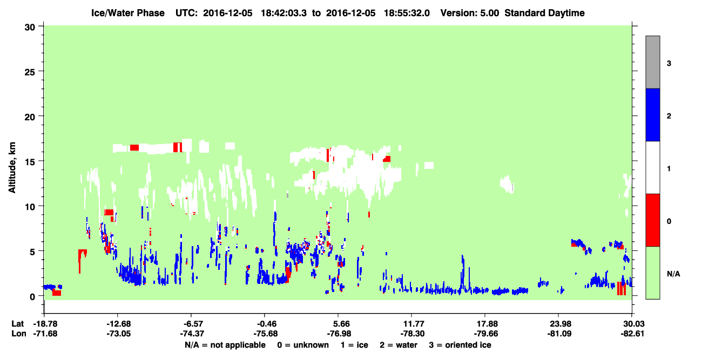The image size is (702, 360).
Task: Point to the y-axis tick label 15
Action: (30, 162)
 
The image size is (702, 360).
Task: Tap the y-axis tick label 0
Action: (32, 297)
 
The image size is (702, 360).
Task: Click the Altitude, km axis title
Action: (12, 167)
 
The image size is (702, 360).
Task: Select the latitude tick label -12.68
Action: (118, 324)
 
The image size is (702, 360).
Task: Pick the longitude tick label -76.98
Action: (339, 334)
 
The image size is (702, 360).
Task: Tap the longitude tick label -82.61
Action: (632, 334)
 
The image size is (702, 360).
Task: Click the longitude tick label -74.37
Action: (192, 334)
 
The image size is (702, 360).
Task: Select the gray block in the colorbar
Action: (652, 62)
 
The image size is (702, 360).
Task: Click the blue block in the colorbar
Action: (652, 114)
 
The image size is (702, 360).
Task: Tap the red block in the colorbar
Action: (652, 220)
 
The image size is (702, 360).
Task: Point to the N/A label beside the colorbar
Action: (673, 274)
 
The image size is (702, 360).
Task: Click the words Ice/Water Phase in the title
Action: (128, 13)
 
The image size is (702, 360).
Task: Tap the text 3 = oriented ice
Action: (460, 345)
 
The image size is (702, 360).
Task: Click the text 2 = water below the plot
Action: (399, 345)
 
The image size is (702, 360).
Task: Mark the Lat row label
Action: (17, 324)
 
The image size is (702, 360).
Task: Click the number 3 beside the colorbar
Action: (669, 63)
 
